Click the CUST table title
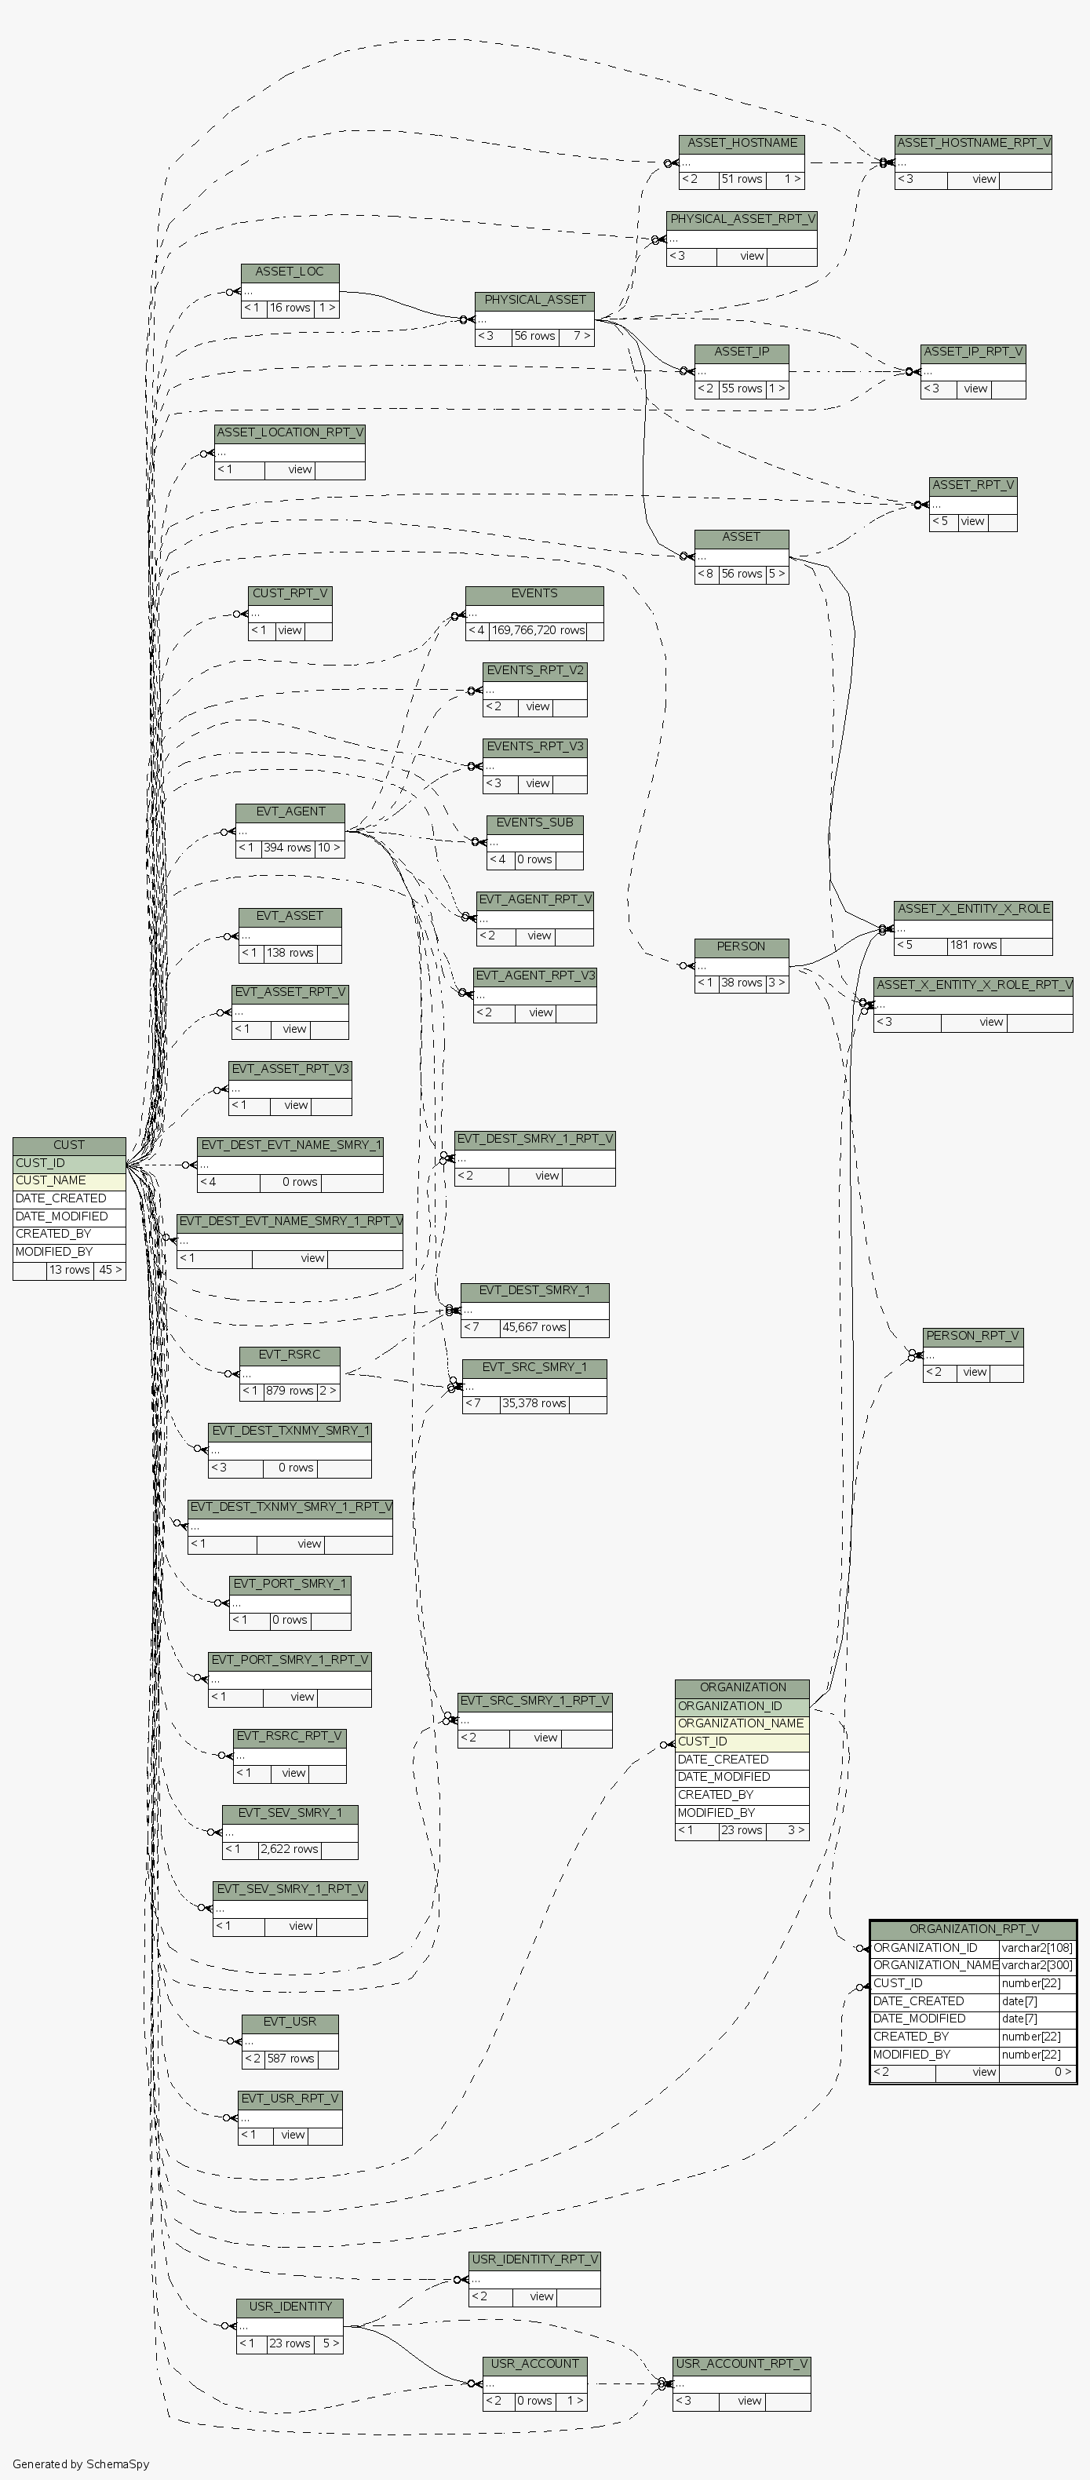tap(68, 1145)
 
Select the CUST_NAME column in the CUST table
tap(68, 1180)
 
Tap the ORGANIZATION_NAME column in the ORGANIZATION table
tap(741, 1723)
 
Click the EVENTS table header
tap(534, 594)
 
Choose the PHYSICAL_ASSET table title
tap(534, 301)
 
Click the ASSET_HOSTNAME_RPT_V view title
tap(972, 144)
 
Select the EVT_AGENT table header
tap(290, 811)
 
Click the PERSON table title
tap(741, 946)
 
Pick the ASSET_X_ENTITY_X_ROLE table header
tap(972, 909)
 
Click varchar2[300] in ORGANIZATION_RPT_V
tap(1036, 1965)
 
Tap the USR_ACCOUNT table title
tap(534, 2364)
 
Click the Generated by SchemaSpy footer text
tap(81, 2464)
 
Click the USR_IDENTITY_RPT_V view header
tap(534, 2259)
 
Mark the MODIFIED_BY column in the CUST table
tap(68, 1252)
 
